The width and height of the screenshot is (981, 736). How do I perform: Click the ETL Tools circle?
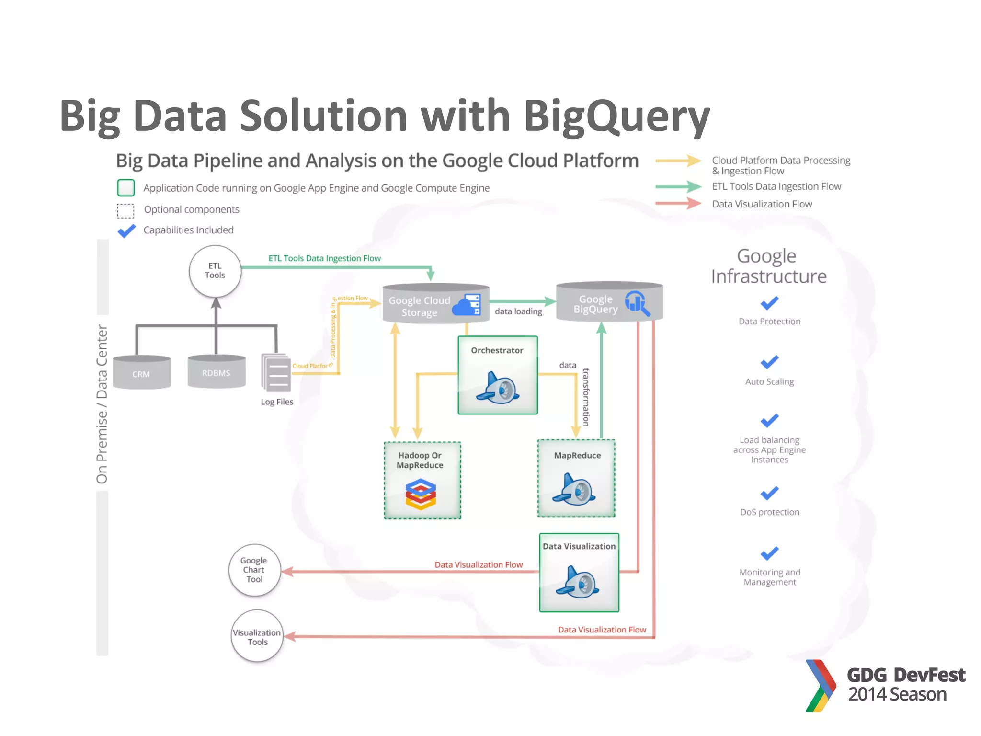[x=215, y=271]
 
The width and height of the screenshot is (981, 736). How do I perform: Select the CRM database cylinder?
[x=142, y=372]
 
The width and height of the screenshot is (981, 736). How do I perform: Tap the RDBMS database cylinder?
[x=217, y=371]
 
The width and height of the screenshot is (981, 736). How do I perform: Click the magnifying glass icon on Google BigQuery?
[x=637, y=303]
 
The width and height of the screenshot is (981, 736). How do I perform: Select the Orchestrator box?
[x=498, y=375]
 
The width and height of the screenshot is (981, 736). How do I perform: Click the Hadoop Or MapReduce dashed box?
[x=422, y=480]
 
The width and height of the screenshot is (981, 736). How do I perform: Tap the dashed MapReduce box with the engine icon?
[x=576, y=479]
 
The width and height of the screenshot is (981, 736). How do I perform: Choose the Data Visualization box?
[x=579, y=573]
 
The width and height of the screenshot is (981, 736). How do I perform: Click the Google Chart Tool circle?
[x=254, y=570]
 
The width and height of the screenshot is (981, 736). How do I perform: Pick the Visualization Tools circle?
[x=257, y=636]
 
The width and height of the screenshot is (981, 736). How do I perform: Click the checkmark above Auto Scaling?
[x=769, y=362]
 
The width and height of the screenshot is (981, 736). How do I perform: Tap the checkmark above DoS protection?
[x=769, y=493]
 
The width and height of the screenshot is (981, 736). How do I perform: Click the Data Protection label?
[x=769, y=322]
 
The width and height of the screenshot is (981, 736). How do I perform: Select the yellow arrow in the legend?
[x=678, y=161]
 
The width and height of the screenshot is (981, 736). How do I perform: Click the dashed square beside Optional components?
[x=125, y=210]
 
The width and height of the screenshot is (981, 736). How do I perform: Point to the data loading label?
[x=518, y=311]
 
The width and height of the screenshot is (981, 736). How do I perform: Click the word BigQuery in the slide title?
[x=616, y=116]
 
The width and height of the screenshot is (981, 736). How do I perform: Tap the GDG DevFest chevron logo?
[x=821, y=686]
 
